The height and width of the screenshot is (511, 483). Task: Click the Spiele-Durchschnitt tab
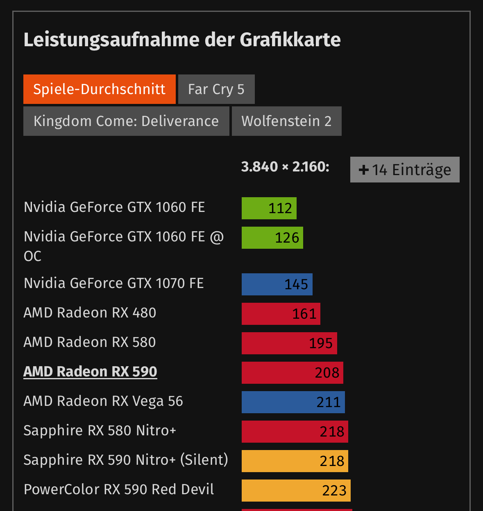point(100,89)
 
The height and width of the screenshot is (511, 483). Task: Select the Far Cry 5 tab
point(216,89)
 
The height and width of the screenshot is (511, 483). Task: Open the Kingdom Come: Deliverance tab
point(126,121)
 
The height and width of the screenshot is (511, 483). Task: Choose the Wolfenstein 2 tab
point(286,121)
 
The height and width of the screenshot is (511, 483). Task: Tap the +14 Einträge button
point(405,170)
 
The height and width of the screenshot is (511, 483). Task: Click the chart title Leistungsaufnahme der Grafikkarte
point(182,40)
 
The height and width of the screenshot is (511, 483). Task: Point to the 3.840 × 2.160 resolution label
point(285,167)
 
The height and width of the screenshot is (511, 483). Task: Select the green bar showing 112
point(269,208)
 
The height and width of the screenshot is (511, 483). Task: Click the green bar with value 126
point(272,238)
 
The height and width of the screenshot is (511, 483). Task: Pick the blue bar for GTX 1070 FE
point(277,284)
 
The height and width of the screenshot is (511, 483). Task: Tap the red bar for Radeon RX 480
point(281,314)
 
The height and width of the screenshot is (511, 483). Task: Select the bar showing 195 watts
point(289,343)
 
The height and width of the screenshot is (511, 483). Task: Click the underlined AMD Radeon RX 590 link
point(90,371)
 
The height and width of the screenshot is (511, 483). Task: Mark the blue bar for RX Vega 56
point(293,402)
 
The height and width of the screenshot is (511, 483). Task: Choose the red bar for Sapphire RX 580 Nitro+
point(295,432)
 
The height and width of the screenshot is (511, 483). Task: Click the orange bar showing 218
point(295,461)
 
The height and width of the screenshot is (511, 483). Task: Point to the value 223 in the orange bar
point(334,491)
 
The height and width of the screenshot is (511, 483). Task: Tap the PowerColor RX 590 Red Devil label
point(119,489)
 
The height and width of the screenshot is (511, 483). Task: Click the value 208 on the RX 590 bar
point(327,373)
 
